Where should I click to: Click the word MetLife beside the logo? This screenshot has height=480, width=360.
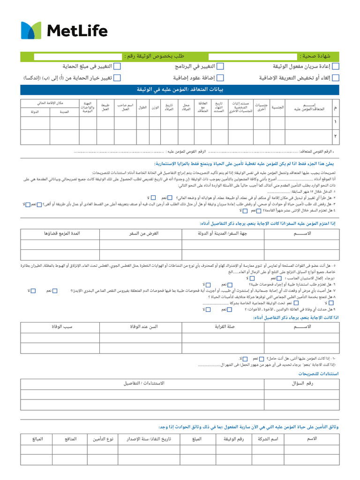pyautogui.click(x=77, y=31)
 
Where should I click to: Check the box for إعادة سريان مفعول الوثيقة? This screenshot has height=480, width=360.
pyautogui.click(x=336, y=66)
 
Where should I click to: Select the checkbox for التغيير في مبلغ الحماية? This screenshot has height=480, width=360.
pyautogui.click(x=117, y=66)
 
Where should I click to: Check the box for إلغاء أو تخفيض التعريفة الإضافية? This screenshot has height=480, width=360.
pyautogui.click(x=336, y=78)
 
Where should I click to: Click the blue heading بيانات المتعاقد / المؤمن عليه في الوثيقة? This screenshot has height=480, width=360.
pyautogui.click(x=180, y=90)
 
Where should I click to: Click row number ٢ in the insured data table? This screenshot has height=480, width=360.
pyautogui.click(x=335, y=136)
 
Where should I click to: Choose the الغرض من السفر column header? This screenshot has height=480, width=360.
pyautogui.click(x=140, y=233)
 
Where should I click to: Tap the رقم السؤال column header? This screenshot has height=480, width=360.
pyautogui.click(x=302, y=383)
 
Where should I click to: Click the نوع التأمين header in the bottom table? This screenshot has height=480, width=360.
pyautogui.click(x=102, y=439)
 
